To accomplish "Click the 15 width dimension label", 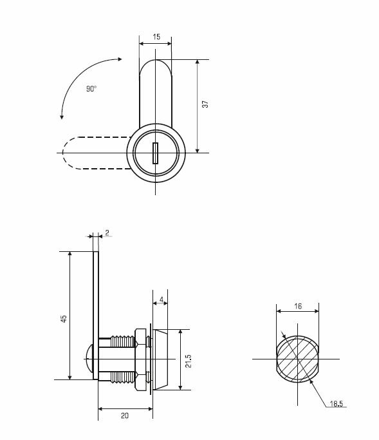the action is (x=156, y=37).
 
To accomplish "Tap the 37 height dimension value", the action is (x=205, y=104).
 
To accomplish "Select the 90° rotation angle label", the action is (x=91, y=89).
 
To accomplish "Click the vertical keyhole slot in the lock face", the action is (x=155, y=153).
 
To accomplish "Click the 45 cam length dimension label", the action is (x=64, y=319).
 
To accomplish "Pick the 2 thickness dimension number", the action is (x=107, y=233).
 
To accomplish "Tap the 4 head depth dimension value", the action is (x=161, y=300).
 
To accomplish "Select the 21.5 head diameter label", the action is (x=189, y=361).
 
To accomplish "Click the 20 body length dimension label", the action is (x=125, y=416).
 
